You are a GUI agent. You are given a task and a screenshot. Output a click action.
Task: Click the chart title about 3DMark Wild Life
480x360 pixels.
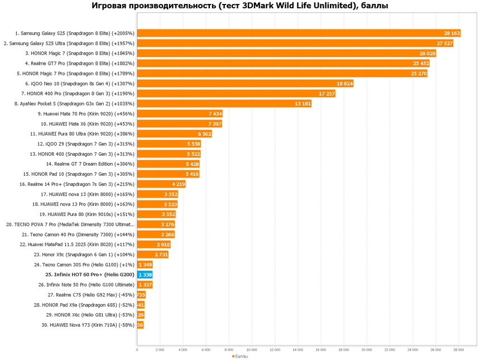(240, 6)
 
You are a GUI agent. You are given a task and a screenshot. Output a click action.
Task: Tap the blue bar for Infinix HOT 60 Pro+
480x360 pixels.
(145, 275)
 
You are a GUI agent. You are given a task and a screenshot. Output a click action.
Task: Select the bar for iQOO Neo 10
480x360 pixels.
(245, 83)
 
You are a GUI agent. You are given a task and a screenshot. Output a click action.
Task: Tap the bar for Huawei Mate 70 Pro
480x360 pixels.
(179, 113)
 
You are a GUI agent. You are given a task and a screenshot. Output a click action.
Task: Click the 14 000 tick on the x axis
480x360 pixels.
(298, 350)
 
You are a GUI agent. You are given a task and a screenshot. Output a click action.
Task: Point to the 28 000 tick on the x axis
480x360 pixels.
(459, 350)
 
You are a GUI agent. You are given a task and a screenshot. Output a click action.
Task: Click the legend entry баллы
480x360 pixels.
(240, 356)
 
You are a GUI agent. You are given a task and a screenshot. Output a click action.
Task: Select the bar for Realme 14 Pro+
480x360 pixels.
(161, 184)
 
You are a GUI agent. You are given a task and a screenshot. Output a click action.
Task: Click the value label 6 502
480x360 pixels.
(204, 133)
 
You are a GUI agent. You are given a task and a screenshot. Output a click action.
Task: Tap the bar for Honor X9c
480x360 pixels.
(152, 255)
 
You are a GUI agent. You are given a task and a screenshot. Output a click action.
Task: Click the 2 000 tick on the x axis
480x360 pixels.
(160, 350)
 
